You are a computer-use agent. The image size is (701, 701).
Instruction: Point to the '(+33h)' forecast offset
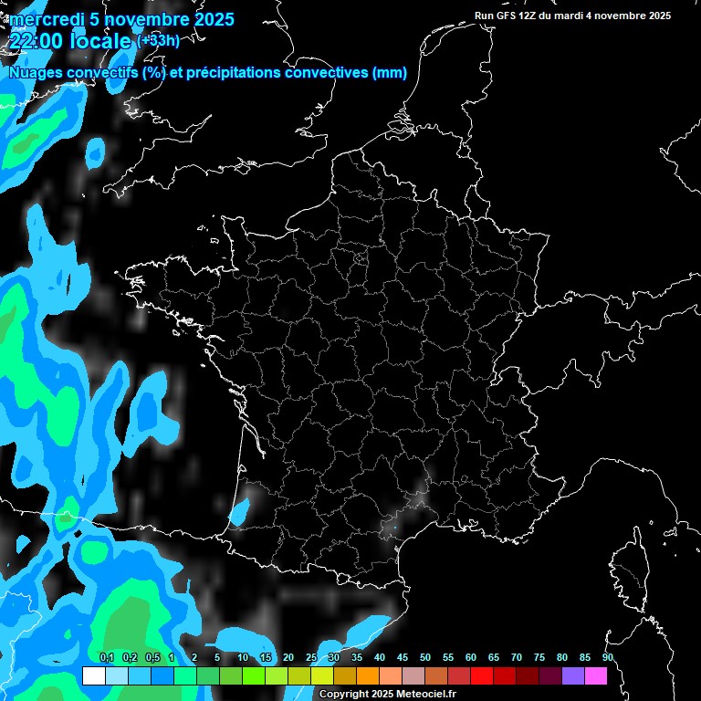(x=158, y=40)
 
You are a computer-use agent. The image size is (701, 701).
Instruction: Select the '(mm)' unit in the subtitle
(x=390, y=74)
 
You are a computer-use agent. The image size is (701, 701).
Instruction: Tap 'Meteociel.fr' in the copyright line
(x=425, y=695)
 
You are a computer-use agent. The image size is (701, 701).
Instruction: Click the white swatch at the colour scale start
(x=93, y=675)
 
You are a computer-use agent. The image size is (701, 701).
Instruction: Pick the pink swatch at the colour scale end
(x=596, y=675)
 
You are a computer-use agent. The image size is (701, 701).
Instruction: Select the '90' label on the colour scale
(x=608, y=658)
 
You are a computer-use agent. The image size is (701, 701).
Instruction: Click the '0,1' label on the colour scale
(x=107, y=658)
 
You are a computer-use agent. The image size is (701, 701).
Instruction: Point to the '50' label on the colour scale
(x=425, y=658)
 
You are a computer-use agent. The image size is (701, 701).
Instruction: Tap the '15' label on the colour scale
(x=266, y=658)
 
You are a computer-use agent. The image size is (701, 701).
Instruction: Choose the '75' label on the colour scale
(x=539, y=658)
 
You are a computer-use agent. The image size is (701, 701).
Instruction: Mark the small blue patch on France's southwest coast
(x=239, y=511)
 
